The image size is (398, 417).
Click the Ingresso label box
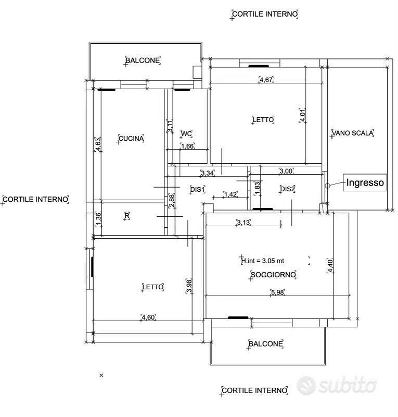click(x=365, y=182)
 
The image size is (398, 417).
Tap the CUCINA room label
click(x=131, y=138)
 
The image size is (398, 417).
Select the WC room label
click(x=186, y=133)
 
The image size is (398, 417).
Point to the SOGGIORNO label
click(x=273, y=275)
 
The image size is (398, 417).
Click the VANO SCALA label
click(x=353, y=133)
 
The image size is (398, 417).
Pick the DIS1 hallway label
click(x=198, y=189)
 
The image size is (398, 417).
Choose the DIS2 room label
click(x=287, y=189)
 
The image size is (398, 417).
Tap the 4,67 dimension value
click(x=266, y=80)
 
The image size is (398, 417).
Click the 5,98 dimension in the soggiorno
click(x=277, y=292)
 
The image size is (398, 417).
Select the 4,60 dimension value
click(x=148, y=317)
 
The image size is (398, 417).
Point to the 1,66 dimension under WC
click(x=187, y=146)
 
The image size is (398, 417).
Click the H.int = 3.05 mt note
click(x=263, y=261)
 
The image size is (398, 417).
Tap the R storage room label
click(x=127, y=216)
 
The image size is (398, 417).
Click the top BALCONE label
click(x=143, y=60)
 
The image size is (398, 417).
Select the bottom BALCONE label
click(x=265, y=344)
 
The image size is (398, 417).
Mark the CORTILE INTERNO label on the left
click(x=35, y=199)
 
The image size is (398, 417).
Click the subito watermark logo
click(x=337, y=385)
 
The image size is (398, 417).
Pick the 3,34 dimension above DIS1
click(x=208, y=173)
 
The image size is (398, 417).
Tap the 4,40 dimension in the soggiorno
click(x=330, y=265)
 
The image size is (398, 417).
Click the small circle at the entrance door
click(x=327, y=186)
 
